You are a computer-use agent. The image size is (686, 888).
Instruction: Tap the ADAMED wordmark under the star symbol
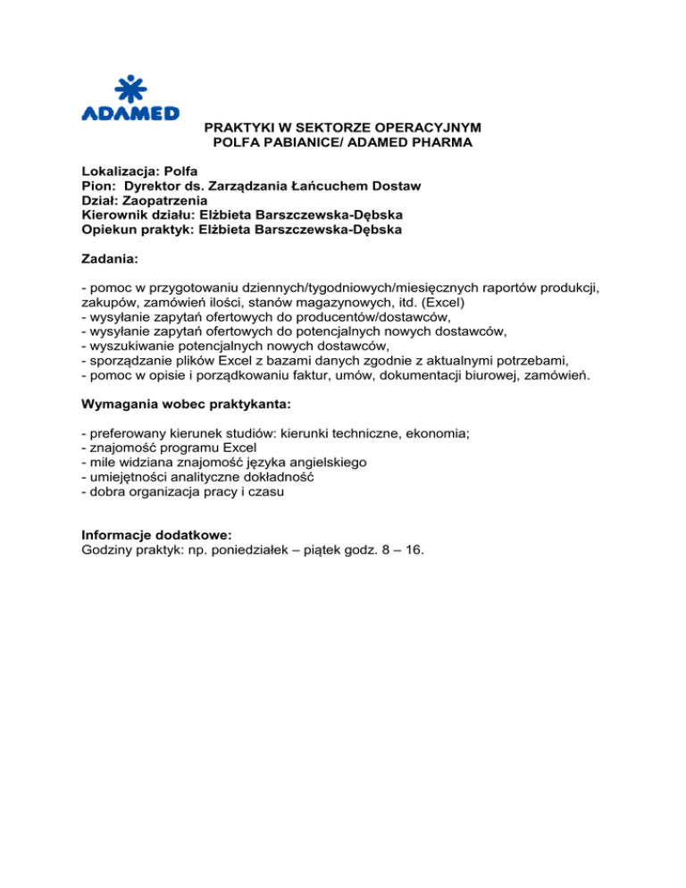130,113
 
